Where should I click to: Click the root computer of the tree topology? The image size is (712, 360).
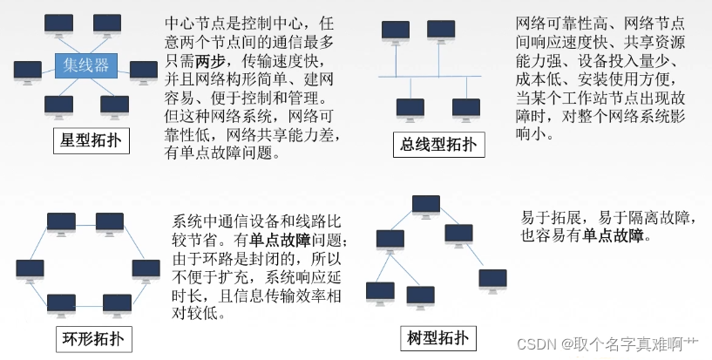pyautogui.click(x=426, y=206)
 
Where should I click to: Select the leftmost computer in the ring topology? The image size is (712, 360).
pyautogui.click(x=30, y=268)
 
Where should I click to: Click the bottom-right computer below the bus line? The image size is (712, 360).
pyautogui.click(x=466, y=109)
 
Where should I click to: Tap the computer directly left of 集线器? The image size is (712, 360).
pyautogui.click(x=27, y=69)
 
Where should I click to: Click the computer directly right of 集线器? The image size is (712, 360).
pyautogui.click(x=144, y=70)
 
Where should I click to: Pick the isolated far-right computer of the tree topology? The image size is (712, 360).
pyautogui.click(x=492, y=279)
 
